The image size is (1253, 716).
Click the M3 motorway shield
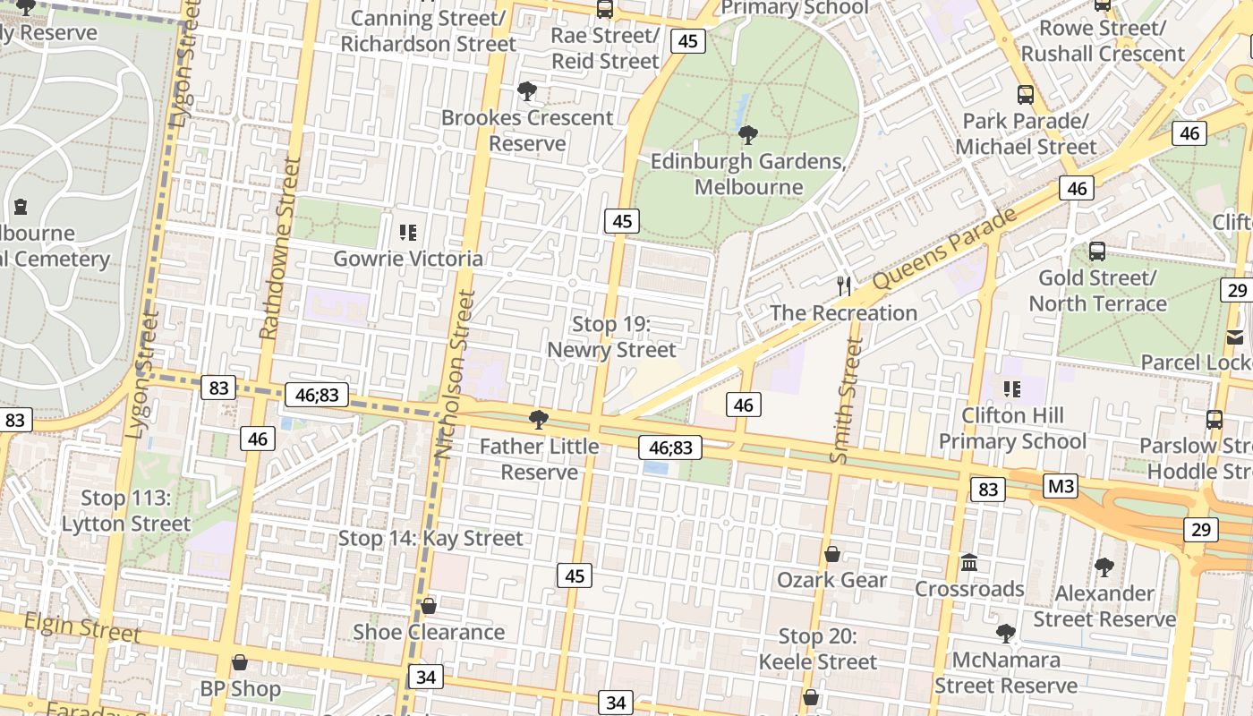coord(1061,487)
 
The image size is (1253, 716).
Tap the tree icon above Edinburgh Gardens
coord(748,135)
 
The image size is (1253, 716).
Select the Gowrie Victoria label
coord(408,259)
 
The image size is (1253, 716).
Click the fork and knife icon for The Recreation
coord(843,286)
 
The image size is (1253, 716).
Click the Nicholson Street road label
coord(456,374)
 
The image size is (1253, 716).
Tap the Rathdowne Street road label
coord(278,248)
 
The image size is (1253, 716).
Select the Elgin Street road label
coord(82,626)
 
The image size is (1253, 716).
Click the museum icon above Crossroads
coord(969,563)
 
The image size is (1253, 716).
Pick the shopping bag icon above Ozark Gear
coord(832,554)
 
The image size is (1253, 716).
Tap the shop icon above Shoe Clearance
coord(429,606)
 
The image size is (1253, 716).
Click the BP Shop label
coord(240,688)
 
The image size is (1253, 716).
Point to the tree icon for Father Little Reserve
coord(539,419)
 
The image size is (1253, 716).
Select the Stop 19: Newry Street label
coord(611,337)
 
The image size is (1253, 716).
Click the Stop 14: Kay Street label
coord(430,538)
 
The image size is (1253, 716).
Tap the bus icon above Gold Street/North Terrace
coord(1097,251)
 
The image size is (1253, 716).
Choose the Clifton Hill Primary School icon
coord(1012,388)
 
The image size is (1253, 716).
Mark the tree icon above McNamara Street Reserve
coord(1006,634)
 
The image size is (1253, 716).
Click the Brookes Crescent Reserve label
coord(527,131)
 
